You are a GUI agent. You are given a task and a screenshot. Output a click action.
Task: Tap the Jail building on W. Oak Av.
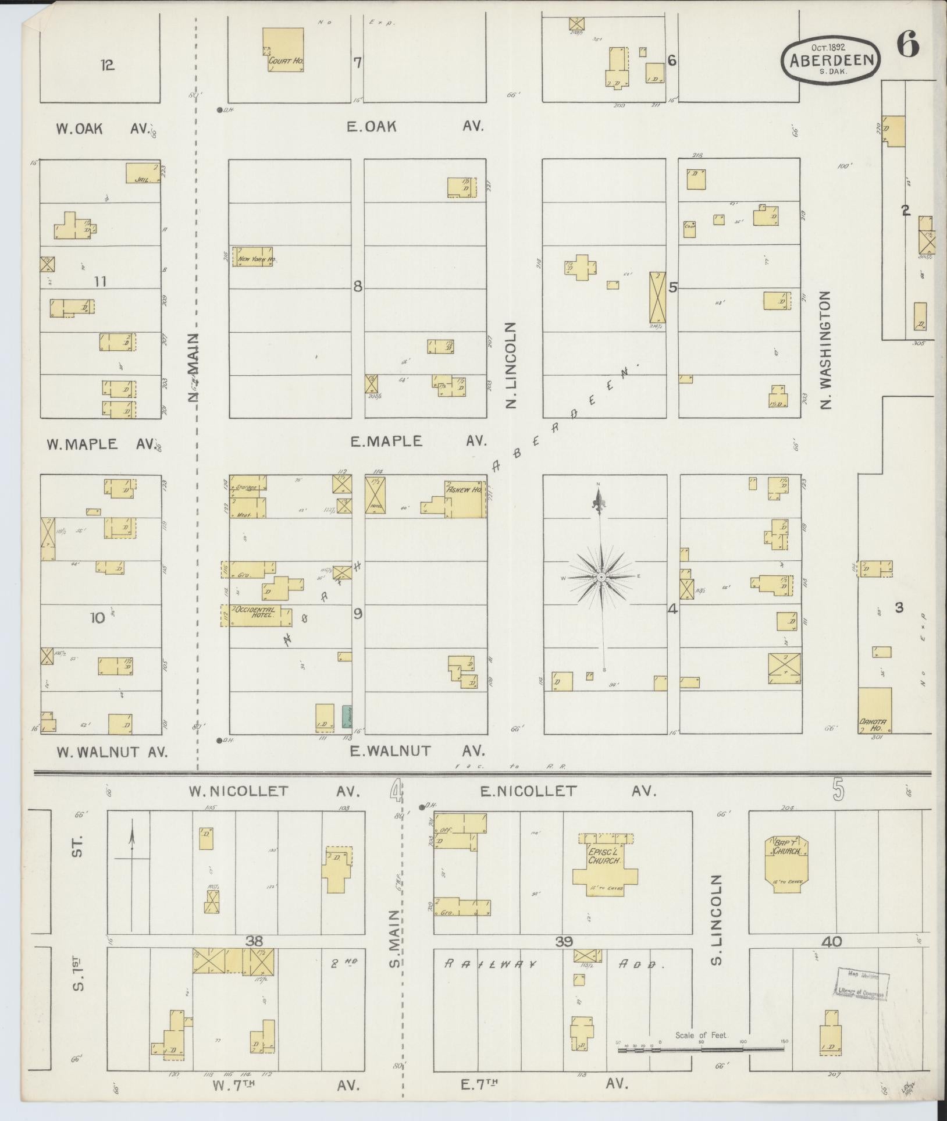click(x=143, y=173)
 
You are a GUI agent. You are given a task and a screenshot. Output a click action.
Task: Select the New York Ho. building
click(x=253, y=257)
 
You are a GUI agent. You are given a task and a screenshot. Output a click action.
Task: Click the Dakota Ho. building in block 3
click(x=875, y=710)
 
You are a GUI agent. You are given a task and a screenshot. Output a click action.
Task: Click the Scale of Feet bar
click(x=700, y=1049)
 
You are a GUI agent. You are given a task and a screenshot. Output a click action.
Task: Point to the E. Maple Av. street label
click(x=418, y=442)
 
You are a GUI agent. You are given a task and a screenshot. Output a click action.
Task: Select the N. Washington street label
click(x=826, y=350)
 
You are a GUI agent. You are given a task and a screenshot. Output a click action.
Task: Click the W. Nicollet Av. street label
click(x=273, y=791)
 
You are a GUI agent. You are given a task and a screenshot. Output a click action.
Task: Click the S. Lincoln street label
click(x=717, y=928)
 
